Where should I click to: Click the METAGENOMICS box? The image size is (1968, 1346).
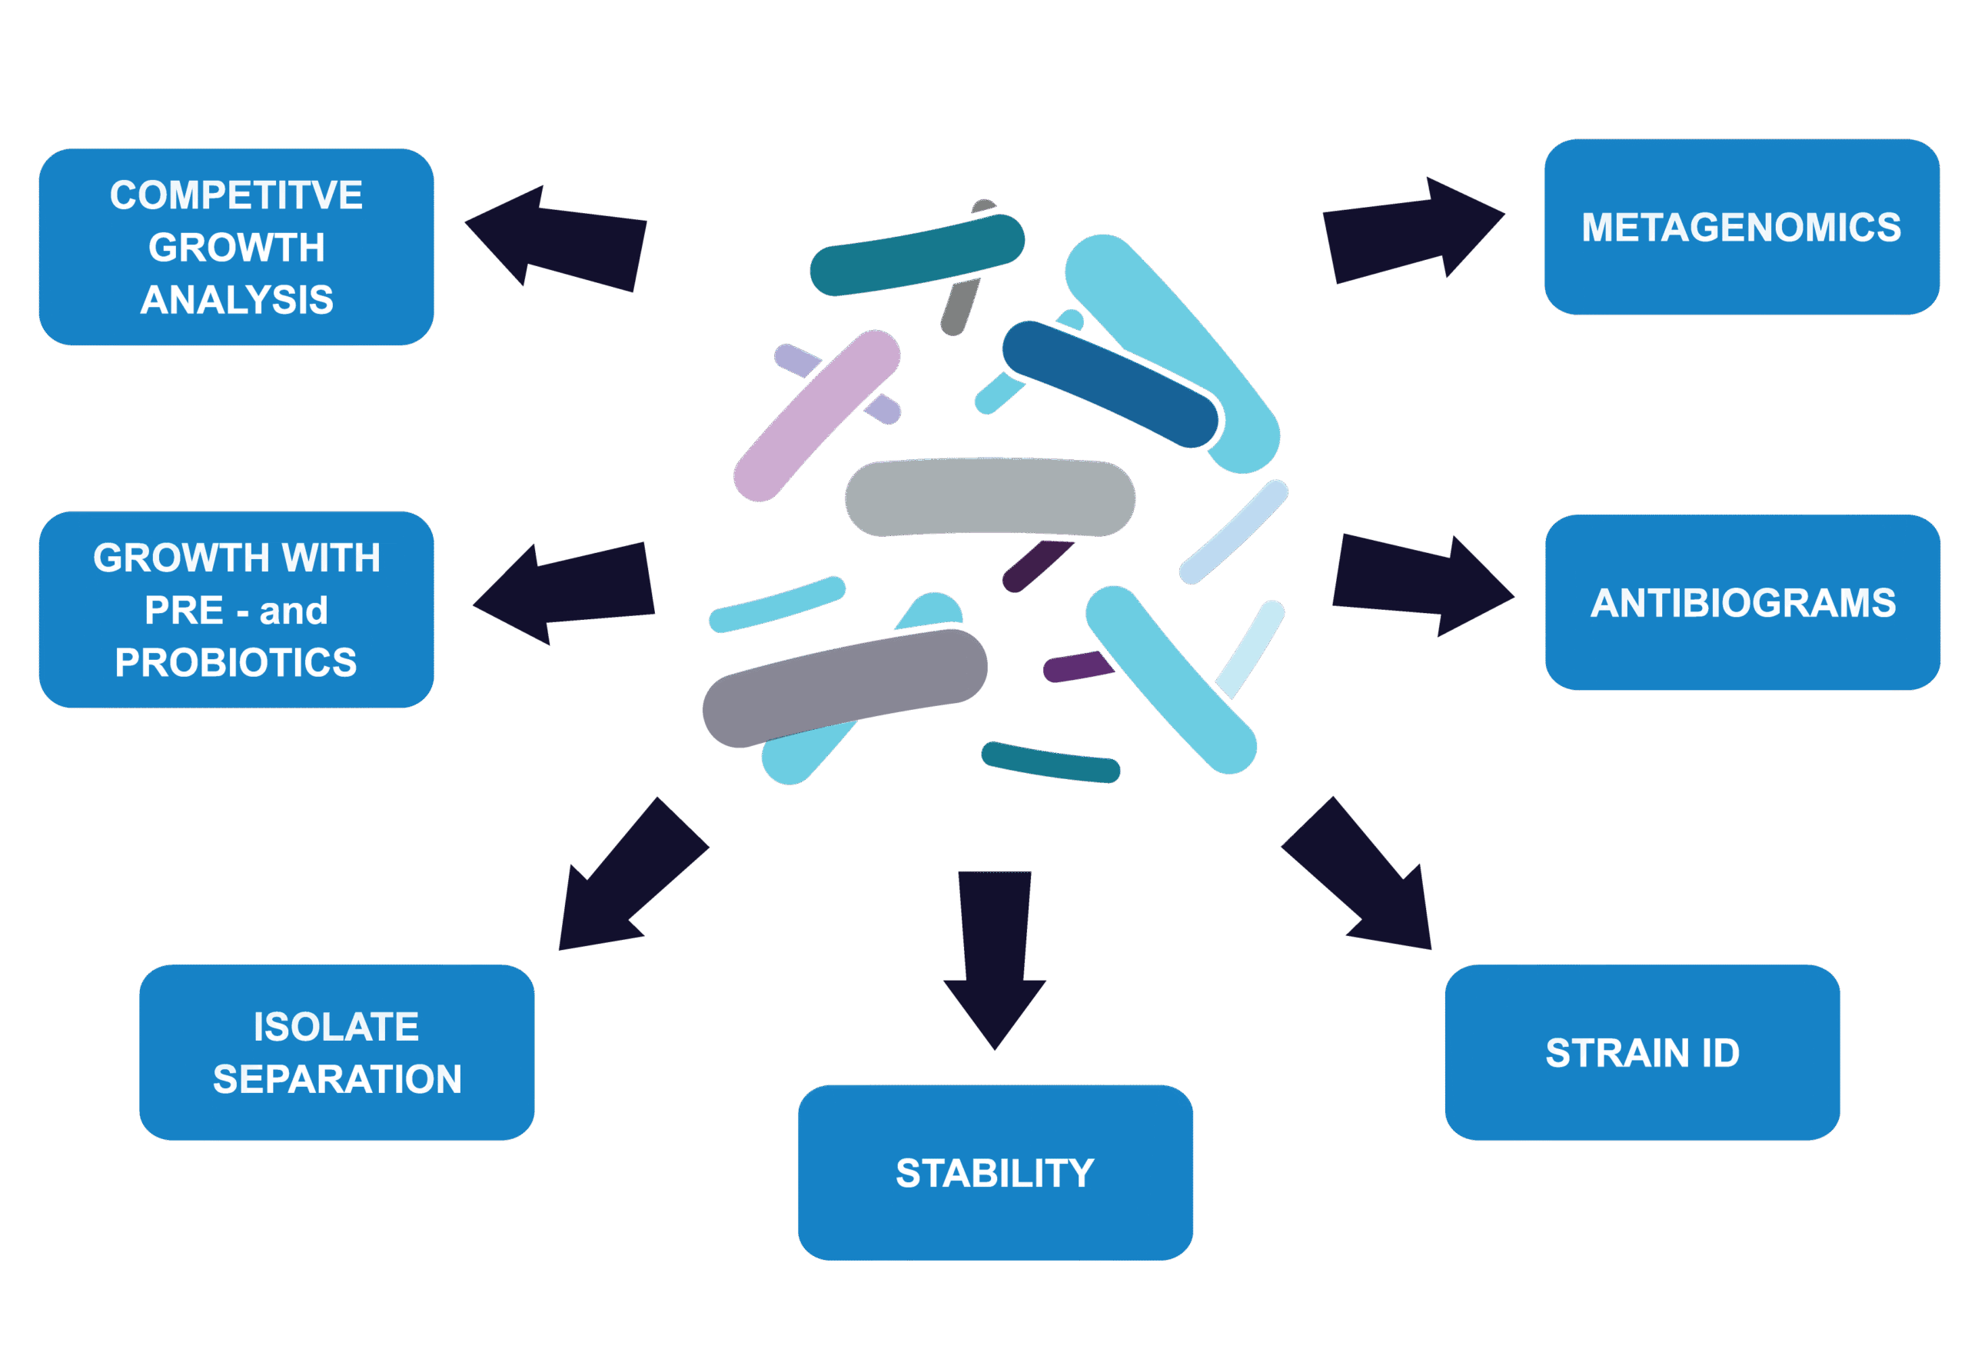1741,227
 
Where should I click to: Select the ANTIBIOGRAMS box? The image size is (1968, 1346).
1742,602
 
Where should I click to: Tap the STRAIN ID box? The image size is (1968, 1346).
1642,1052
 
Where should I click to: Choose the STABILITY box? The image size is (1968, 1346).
995,1172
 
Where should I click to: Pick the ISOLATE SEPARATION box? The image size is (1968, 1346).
336,1052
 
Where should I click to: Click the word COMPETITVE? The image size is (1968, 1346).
236,195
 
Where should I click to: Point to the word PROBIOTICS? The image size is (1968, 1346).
236,662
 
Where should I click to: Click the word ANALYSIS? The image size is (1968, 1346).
236,300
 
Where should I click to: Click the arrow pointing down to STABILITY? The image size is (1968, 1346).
995,957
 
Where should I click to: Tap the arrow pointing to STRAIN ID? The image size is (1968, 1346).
1363,877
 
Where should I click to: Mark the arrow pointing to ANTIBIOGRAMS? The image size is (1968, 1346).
1418,585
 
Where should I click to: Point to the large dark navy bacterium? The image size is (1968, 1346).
844,688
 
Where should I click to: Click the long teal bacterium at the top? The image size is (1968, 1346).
917,254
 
